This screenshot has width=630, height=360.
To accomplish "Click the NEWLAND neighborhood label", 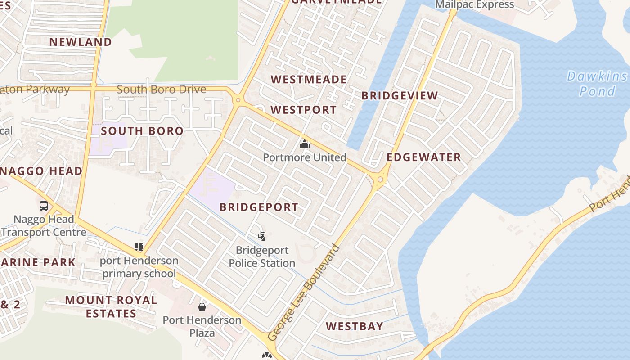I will pos(81,42).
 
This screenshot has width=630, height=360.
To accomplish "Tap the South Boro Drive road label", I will pos(161,89).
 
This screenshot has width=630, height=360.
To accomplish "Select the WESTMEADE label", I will pos(309,80).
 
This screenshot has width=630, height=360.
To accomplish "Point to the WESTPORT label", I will pos(303,110).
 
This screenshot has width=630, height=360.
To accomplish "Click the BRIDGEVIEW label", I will pos(400,95).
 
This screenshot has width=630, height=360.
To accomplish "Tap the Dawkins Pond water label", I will pos(597,84).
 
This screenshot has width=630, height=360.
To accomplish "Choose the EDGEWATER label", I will pos(424,157).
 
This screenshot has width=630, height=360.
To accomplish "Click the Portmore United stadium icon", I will pos(305,144).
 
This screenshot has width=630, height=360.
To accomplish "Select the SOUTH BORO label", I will pos(142,131).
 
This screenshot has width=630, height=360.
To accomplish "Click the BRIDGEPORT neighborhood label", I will pos(259,207).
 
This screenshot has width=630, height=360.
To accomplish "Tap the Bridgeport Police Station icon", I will pos(261,236).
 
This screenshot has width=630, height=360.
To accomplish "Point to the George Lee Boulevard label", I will pos(304,292).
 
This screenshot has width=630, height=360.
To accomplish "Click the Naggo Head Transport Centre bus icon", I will pos(44,206).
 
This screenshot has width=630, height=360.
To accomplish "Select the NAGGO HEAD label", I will pos(41,171).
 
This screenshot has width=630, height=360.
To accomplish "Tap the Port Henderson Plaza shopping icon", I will pos(202,307).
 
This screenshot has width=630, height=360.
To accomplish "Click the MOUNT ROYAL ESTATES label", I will pos(111,306).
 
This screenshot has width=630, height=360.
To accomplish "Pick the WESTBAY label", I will pos(355,326).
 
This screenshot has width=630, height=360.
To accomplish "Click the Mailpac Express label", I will pos(474,4).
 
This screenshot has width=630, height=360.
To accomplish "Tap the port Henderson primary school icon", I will pos(139,247).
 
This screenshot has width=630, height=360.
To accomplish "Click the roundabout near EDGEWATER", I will pos(381,180).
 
